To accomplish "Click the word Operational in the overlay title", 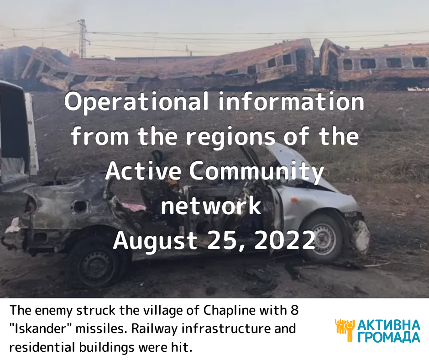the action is (x=136, y=102).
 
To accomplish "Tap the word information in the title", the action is (x=291, y=101).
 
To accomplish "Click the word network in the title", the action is (x=211, y=206).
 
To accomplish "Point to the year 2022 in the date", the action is (x=284, y=240).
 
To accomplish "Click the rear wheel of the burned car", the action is (x=98, y=264).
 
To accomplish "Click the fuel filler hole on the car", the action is (x=80, y=206).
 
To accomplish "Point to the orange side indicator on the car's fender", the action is (x=294, y=200).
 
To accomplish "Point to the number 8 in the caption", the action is (x=294, y=310).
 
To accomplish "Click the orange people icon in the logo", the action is (x=345, y=330).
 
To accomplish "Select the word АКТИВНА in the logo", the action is (x=388, y=325).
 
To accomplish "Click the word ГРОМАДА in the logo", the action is (x=388, y=337).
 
